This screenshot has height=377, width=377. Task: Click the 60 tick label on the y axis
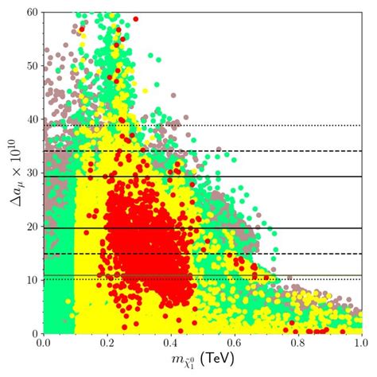pyautogui.click(x=33, y=13)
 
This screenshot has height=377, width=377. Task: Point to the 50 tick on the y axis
pyautogui.click(x=33, y=66)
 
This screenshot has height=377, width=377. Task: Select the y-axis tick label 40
pyautogui.click(x=33, y=119)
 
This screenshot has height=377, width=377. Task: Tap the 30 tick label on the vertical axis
pyautogui.click(x=33, y=173)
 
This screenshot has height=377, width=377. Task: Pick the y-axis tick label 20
pyautogui.click(x=33, y=226)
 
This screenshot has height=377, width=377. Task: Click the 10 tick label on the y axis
pyautogui.click(x=33, y=279)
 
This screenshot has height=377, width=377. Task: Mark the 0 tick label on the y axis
pyautogui.click(x=36, y=332)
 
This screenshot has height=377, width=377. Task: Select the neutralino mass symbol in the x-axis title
pyautogui.click(x=183, y=362)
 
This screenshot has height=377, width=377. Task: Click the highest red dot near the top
pyautogui.click(x=135, y=18)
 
